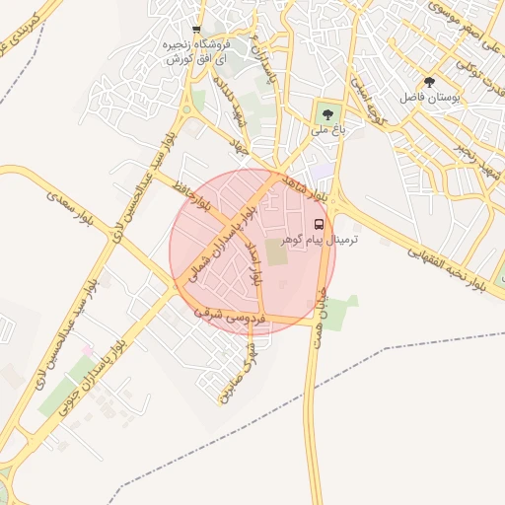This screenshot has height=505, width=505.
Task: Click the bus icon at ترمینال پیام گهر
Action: [318, 225]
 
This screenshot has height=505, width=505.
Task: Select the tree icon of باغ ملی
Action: [326, 112]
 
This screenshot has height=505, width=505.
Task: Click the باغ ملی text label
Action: [325, 129]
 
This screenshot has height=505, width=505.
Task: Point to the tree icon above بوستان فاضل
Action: [428, 83]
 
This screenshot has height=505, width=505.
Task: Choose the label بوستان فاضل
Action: [426, 99]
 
